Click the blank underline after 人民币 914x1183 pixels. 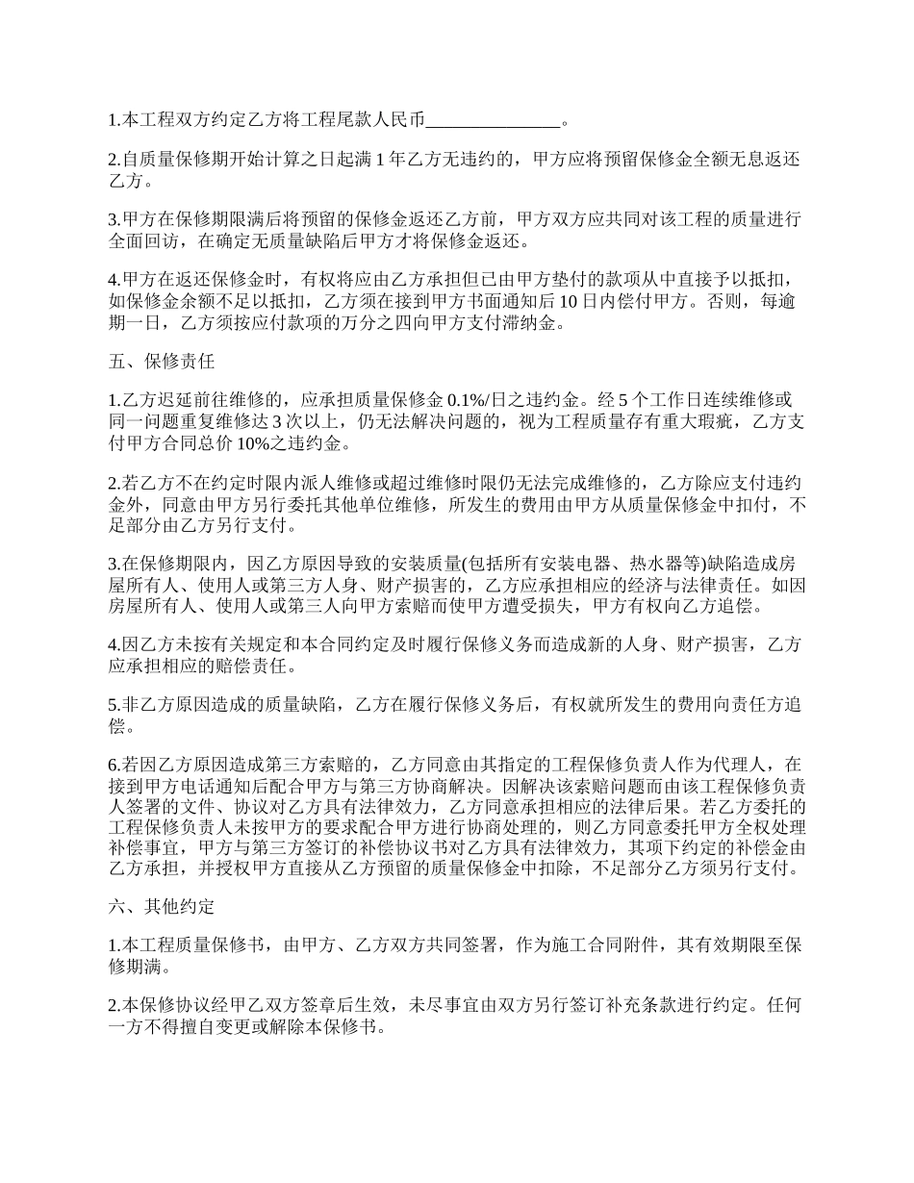tap(492, 121)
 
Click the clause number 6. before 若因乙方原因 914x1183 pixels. tap(114, 765)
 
